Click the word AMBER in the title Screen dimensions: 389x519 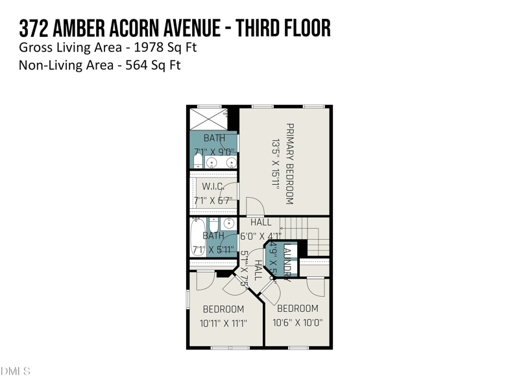coord(84,29)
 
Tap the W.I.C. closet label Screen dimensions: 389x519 coord(213,187)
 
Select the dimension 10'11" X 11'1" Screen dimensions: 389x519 coord(223,322)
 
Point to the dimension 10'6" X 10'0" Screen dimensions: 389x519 coord(298,322)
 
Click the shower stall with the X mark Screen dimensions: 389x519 coord(208,119)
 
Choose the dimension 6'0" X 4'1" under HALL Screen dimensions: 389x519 coord(261,236)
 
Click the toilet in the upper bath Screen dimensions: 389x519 coord(198,159)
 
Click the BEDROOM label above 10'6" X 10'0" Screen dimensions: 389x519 coord(298,309)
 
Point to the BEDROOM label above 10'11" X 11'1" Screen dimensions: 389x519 coord(223,309)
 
